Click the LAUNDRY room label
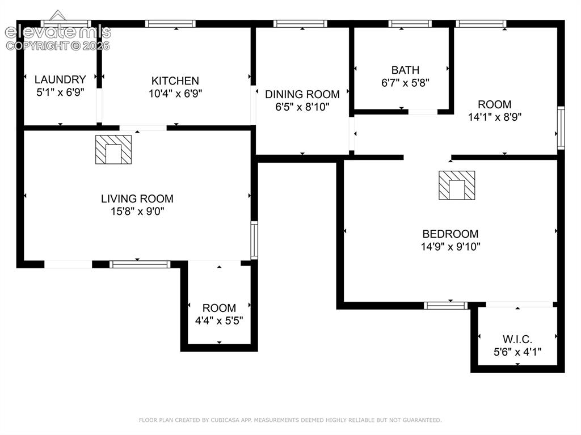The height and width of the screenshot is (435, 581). point(60,79)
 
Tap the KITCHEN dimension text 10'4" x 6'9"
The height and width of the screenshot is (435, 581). point(175,94)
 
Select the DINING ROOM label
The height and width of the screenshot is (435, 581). point(302,94)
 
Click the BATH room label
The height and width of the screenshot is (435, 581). point(405,70)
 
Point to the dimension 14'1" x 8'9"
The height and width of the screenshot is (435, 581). point(495,117)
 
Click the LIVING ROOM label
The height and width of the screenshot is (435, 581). point(137,199)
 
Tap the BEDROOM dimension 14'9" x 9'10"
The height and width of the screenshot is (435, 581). point(451,246)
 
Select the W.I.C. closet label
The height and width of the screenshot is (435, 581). point(517,339)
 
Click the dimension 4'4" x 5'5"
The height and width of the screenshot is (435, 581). point(219,320)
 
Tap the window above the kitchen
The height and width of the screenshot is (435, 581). point(170,24)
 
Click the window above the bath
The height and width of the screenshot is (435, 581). point(410,24)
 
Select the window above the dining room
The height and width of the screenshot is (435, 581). point(300,24)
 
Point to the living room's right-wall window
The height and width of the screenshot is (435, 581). point(254,240)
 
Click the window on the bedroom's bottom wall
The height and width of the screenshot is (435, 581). point(446,306)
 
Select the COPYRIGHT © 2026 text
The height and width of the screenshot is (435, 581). point(58,46)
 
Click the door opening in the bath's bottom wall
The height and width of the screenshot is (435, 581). point(423,112)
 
